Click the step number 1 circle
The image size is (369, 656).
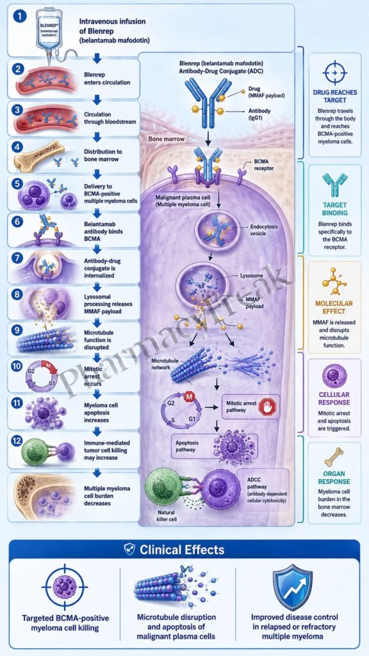[19, 17]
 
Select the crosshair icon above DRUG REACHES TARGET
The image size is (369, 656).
[334, 72]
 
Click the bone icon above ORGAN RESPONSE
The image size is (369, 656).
[334, 457]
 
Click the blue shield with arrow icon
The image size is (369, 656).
[293, 588]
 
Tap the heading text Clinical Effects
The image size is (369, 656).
[182, 549]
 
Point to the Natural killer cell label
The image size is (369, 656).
[167, 515]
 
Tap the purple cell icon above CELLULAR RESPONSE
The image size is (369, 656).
[334, 375]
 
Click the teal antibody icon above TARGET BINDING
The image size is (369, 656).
[334, 185]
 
